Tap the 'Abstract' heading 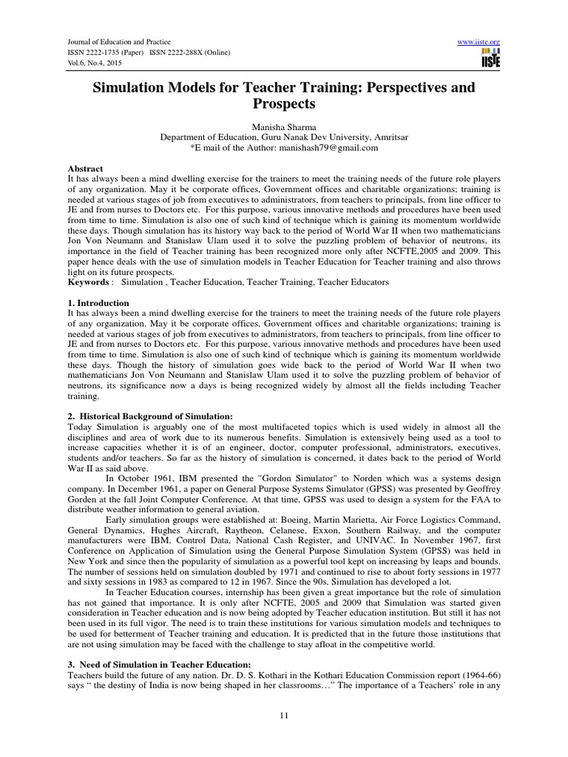pyautogui.click(x=85, y=169)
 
